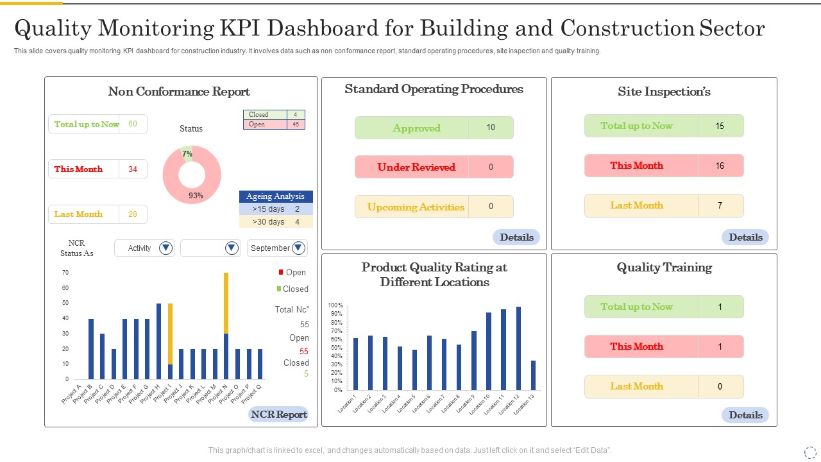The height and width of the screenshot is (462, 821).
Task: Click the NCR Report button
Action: point(278,415)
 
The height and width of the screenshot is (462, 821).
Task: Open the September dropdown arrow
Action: point(298,248)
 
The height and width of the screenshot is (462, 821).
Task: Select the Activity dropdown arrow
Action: point(165,248)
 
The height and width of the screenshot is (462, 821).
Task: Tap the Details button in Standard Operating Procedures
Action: point(516,237)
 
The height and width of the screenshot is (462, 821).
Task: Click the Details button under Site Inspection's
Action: point(745,237)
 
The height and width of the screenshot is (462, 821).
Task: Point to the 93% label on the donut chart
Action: point(196,196)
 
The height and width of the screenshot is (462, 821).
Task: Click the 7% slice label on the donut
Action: point(187,153)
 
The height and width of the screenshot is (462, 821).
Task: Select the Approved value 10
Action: point(491,127)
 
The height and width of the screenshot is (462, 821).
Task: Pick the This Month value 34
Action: point(133,169)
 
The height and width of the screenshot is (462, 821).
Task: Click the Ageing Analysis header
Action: point(276,196)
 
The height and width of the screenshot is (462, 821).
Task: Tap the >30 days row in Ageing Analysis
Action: point(276,221)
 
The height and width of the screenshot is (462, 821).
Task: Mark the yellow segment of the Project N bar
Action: point(226,304)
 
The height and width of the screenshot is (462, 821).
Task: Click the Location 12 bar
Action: point(519,348)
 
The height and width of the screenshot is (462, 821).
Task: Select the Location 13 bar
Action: point(533,375)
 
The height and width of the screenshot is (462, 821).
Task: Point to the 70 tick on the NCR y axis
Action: point(65,273)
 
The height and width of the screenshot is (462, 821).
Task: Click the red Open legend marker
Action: point(281,272)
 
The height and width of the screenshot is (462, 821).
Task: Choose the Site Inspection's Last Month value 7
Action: point(720,205)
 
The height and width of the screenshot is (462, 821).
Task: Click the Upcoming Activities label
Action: point(416,207)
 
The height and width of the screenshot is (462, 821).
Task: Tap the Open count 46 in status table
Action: point(296,124)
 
